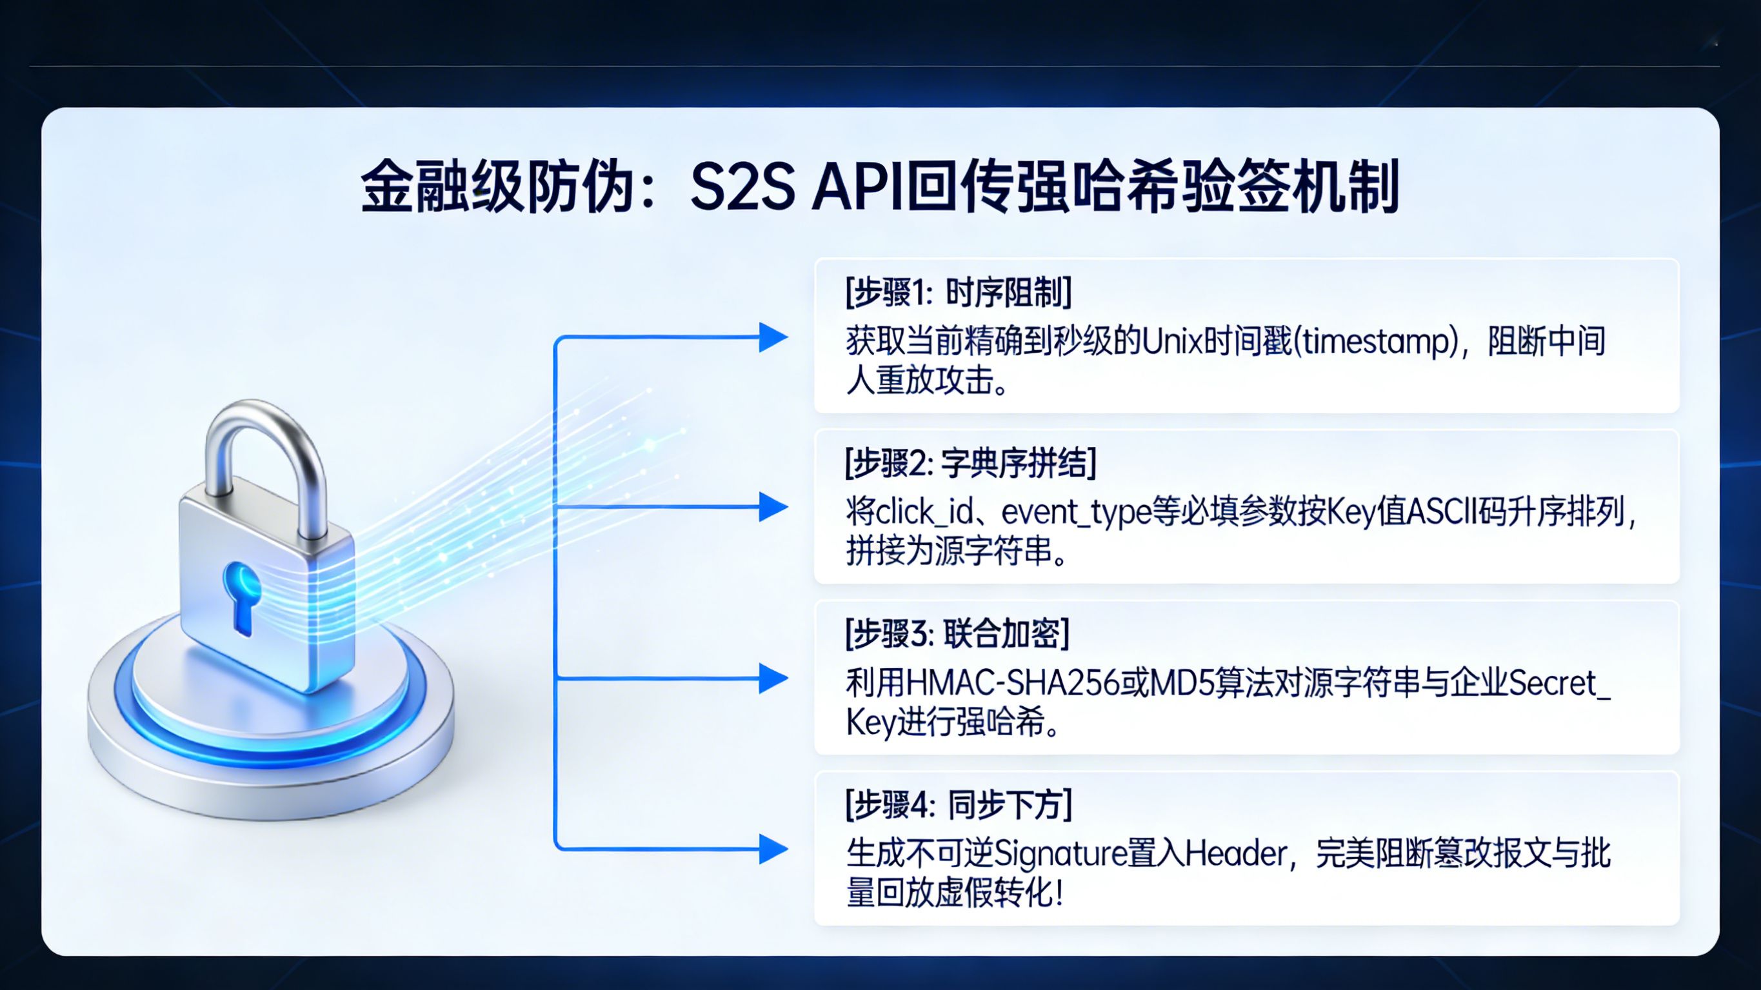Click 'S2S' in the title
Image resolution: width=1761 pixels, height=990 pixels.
(742, 186)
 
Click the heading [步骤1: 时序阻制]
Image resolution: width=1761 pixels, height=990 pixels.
(958, 293)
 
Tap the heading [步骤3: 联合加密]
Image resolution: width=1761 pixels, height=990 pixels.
(957, 635)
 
